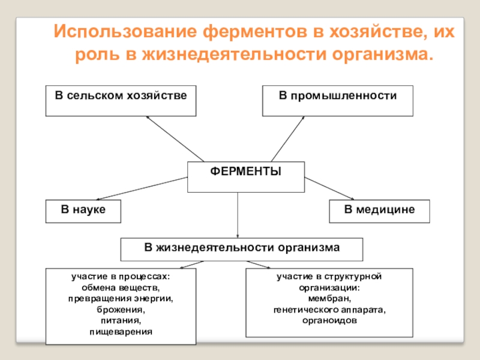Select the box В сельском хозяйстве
[121, 100]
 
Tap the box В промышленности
[337, 100]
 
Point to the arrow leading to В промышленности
[288, 139]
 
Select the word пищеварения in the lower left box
[121, 331]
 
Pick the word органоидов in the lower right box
[329, 320]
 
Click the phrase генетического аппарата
[329, 310]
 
